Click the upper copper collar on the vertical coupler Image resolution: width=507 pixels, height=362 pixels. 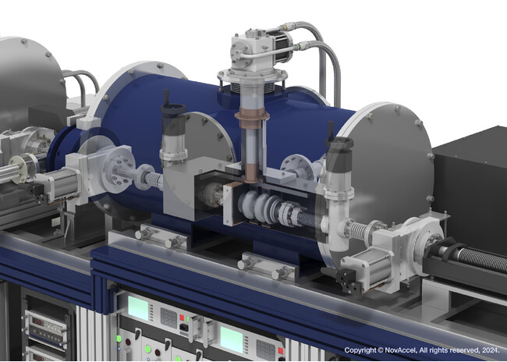252,114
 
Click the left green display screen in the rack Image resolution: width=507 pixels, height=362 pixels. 138,308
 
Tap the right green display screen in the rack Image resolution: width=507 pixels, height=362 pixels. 231,339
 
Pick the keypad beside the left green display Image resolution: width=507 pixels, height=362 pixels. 169,318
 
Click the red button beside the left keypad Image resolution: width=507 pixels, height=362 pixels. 182,318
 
